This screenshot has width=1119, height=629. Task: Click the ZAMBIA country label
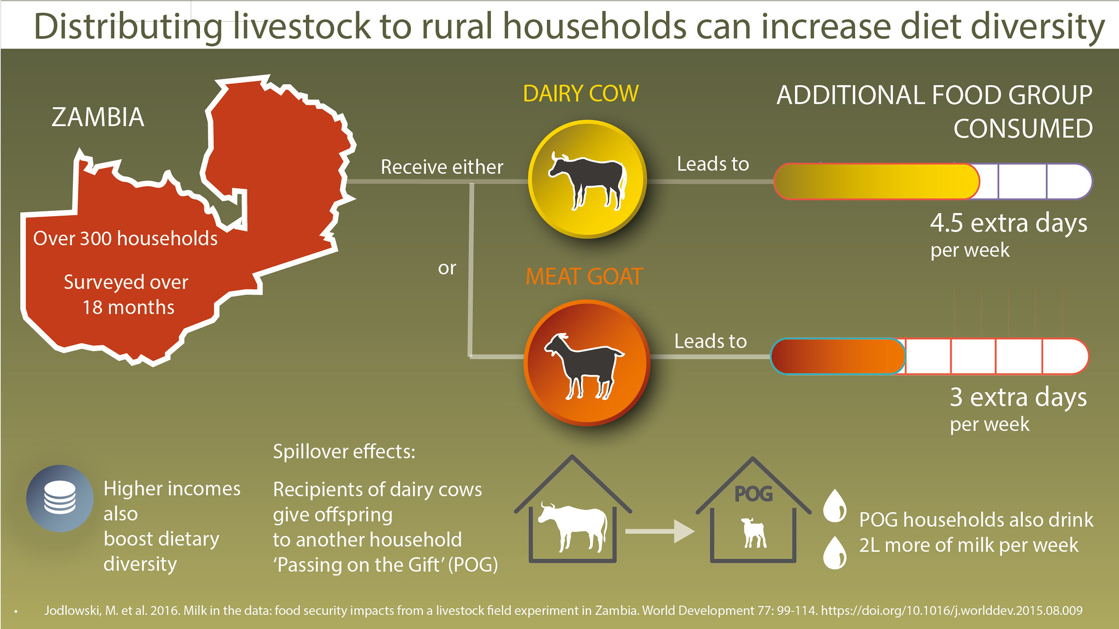pyautogui.click(x=98, y=117)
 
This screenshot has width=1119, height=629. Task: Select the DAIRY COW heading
pyautogui.click(x=580, y=94)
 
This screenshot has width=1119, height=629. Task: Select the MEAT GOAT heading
pyautogui.click(x=584, y=277)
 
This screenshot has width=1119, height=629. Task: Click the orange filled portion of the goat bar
pyautogui.click(x=838, y=357)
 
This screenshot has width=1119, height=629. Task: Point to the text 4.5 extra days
pyautogui.click(x=1008, y=223)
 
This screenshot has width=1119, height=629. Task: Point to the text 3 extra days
pyautogui.click(x=1018, y=397)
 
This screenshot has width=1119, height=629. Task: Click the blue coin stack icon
pyautogui.click(x=60, y=498)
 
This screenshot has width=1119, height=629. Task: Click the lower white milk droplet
pyautogui.click(x=835, y=553)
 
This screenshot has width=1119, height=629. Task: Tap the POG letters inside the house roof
pyautogui.click(x=753, y=494)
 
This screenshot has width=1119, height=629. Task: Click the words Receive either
pyautogui.click(x=441, y=167)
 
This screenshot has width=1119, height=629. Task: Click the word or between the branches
pyautogui.click(x=446, y=268)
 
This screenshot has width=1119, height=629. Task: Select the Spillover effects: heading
pyautogui.click(x=344, y=452)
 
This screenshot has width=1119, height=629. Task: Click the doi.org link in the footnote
pyautogui.click(x=951, y=610)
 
